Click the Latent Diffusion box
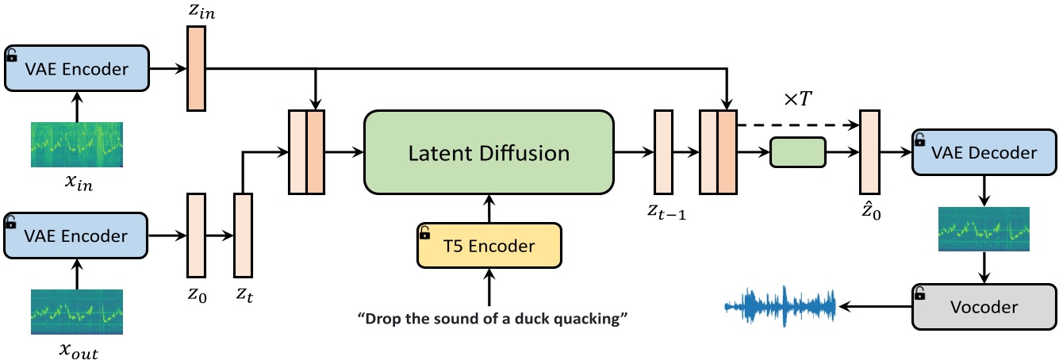click(489, 152)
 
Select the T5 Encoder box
click(489, 246)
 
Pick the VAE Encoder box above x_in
click(76, 69)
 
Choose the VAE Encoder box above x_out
click(76, 236)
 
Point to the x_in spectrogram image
click(76, 144)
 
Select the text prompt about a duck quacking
click(493, 320)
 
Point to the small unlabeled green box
click(798, 152)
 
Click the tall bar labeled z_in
click(196, 69)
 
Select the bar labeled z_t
click(242, 236)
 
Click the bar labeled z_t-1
click(662, 152)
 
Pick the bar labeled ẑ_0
click(869, 152)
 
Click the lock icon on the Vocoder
click(920, 293)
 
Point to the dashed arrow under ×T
click(797, 124)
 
